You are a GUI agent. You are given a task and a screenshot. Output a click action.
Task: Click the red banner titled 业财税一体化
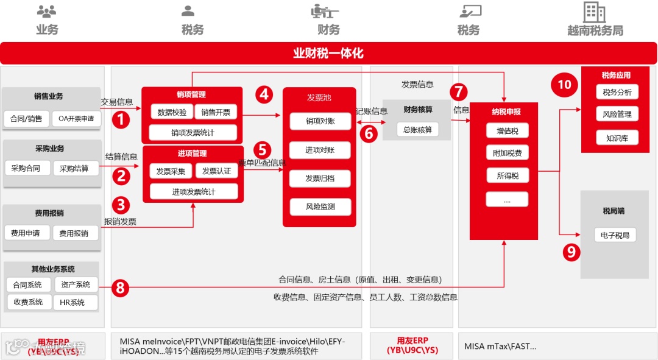(x=328, y=53)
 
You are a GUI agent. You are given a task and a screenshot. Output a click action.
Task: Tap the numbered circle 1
(x=121, y=119)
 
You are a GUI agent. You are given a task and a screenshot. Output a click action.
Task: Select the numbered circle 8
(x=120, y=288)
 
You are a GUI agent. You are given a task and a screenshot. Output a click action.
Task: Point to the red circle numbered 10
(x=564, y=84)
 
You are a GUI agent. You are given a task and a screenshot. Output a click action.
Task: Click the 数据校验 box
(x=172, y=112)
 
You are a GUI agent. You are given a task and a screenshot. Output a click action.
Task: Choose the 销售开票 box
(x=216, y=112)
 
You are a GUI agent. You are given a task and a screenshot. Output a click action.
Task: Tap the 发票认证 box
(x=216, y=171)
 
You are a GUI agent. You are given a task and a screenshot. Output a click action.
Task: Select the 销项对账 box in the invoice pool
(x=320, y=121)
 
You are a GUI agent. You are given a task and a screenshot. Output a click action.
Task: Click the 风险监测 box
(x=320, y=206)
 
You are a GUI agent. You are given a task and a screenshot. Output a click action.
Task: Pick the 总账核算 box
(x=417, y=130)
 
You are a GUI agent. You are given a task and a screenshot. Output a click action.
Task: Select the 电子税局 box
(x=615, y=235)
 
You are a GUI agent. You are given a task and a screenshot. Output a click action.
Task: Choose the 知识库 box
(x=617, y=138)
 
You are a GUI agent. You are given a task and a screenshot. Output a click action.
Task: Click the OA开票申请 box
(x=76, y=119)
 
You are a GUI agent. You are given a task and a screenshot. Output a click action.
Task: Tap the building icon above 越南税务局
(x=594, y=12)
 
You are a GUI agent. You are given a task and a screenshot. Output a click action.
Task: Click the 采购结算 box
(x=74, y=168)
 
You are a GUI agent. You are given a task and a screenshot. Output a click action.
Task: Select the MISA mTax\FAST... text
(x=500, y=346)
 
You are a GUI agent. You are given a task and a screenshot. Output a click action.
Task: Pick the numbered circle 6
(x=368, y=133)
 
